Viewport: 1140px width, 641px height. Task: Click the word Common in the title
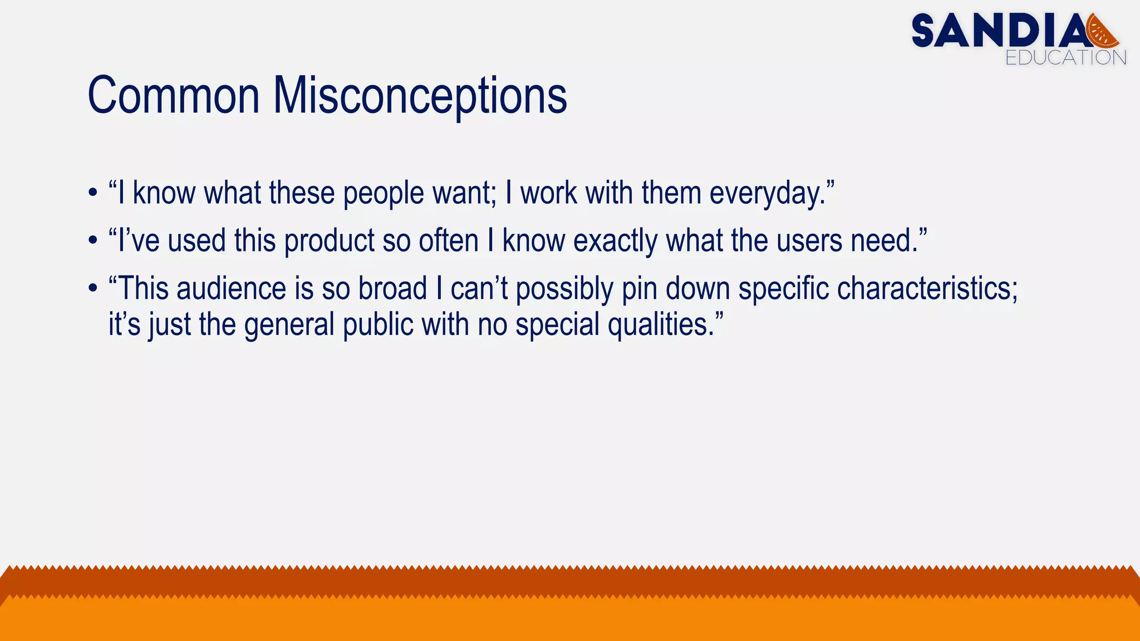pos(174,96)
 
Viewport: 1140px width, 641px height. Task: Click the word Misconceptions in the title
pos(420,96)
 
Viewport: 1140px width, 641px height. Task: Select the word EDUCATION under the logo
pos(1065,58)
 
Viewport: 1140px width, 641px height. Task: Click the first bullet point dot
pos(92,194)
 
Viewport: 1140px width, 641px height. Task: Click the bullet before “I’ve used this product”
pos(92,242)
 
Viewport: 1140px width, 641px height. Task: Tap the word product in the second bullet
pos(330,241)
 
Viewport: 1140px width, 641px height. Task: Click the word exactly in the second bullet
pos(615,241)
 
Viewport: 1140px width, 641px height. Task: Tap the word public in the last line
pos(378,325)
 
